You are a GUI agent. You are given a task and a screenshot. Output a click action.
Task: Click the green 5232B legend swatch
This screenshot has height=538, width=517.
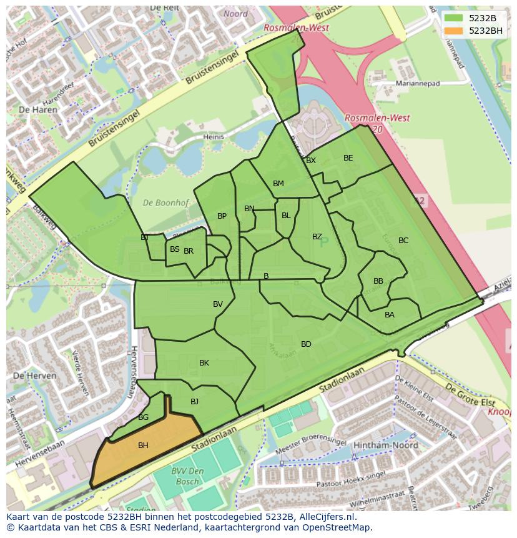pos(454,18)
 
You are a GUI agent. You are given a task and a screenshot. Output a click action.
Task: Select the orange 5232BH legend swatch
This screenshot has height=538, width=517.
pos(454,31)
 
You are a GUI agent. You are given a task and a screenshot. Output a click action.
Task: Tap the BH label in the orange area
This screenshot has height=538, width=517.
pos(143,446)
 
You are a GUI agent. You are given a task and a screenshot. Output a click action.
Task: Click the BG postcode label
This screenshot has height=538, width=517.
pos(143,417)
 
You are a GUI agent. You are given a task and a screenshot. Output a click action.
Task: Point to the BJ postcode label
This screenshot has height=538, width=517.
pos(194,402)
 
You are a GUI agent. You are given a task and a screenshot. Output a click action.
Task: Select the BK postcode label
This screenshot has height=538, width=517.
pos(204,363)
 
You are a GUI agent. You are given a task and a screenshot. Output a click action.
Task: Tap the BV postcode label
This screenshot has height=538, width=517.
pos(218,304)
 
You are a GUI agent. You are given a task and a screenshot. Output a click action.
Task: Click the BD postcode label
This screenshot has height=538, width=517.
pos(306,344)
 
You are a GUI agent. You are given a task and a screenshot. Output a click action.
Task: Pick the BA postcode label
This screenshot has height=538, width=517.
pos(390,315)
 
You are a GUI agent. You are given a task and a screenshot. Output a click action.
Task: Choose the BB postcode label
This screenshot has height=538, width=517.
pos(378,281)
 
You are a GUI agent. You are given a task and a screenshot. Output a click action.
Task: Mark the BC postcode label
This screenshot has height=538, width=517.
pos(403,241)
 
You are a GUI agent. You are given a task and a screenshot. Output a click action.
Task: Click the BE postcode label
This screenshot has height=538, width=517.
pos(348,158)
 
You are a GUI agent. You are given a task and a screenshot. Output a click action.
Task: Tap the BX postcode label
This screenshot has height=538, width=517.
pos(311,161)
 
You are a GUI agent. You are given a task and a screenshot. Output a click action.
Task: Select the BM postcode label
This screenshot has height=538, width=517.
pos(278,184)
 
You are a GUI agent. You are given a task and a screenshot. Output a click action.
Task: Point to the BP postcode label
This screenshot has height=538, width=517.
pos(222,216)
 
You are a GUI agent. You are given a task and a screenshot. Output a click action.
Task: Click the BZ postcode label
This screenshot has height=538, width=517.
pos(317,237)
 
